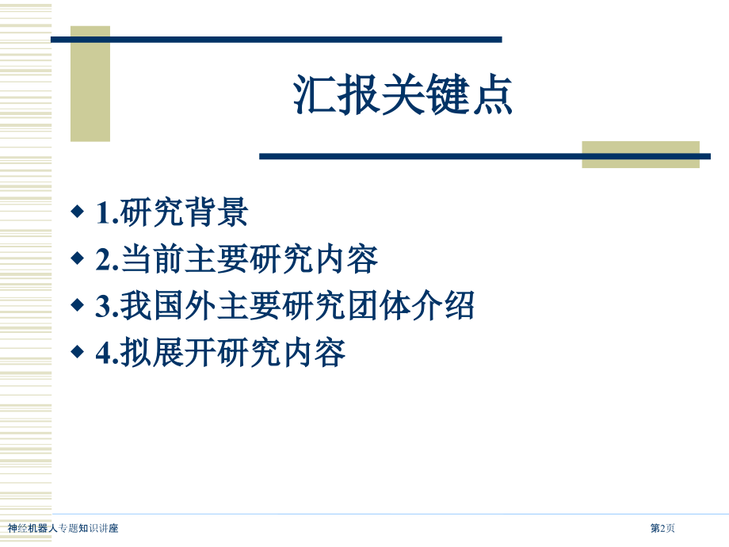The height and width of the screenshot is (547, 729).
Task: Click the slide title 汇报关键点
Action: pos(403,95)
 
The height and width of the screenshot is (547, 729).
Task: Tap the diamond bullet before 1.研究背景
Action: pos(77,212)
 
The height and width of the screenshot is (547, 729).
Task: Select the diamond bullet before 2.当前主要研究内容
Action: pos(77,258)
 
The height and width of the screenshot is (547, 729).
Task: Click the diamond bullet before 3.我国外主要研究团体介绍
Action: pos(77,305)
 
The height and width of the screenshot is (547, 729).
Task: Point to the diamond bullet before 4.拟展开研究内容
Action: pos(77,352)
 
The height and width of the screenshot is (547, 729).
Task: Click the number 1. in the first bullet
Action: pos(107,213)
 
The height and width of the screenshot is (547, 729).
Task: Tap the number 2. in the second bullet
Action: pos(107,259)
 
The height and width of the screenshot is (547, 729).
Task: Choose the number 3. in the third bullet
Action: pos(107,307)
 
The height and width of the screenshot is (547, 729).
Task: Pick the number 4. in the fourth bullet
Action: pos(107,353)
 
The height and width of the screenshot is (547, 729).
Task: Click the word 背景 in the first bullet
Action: pos(216,212)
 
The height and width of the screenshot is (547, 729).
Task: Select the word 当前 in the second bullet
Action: pos(152,259)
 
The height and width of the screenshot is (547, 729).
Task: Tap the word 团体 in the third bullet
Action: pos(379,305)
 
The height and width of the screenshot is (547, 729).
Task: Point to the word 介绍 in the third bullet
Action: pos(443,305)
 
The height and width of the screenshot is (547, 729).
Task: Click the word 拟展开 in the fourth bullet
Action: pos(168,352)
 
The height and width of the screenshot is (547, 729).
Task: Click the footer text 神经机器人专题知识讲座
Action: pos(63,528)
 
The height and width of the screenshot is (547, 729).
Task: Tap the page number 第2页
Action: pos(662,528)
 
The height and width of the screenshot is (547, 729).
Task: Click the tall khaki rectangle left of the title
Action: pos(90,84)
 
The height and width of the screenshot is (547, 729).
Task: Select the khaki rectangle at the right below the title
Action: pos(641,155)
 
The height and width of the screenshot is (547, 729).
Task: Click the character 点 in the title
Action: pos(493,95)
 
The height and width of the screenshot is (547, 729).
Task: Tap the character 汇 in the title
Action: pos(315,95)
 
